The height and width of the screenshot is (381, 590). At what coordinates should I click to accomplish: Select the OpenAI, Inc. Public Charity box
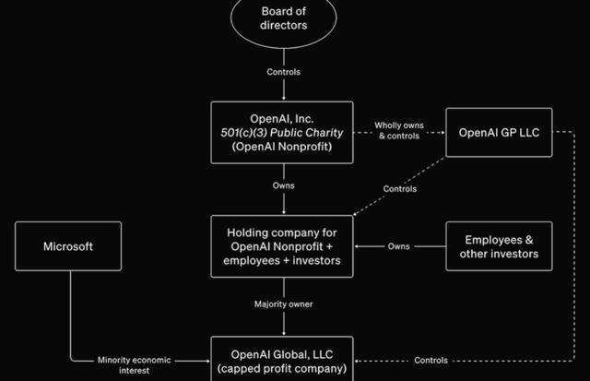pyautogui.click(x=282, y=132)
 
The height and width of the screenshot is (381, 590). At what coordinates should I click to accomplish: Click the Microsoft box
pyautogui.click(x=68, y=246)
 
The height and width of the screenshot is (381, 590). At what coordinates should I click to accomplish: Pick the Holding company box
pyautogui.click(x=283, y=246)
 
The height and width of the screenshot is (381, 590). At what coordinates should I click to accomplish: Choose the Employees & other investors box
pyautogui.click(x=499, y=246)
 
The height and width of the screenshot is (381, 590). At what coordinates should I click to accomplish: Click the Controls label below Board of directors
pyautogui.click(x=283, y=71)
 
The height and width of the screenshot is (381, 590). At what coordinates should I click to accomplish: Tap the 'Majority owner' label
pyautogui.click(x=283, y=304)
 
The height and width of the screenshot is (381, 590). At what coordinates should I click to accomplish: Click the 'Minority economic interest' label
pyautogui.click(x=130, y=365)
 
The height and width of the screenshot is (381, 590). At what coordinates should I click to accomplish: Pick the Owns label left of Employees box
pyautogui.click(x=399, y=246)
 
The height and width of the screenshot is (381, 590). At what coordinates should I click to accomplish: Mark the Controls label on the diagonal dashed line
pyautogui.click(x=399, y=189)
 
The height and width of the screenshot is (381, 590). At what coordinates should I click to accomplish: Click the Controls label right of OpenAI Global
pyautogui.click(x=431, y=360)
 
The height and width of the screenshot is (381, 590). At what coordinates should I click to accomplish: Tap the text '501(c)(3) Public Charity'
pyautogui.click(x=282, y=132)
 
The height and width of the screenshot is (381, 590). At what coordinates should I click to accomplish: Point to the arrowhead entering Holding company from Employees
pyautogui.click(x=360, y=246)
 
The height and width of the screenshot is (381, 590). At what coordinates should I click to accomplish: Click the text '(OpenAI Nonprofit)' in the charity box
pyautogui.click(x=282, y=147)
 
